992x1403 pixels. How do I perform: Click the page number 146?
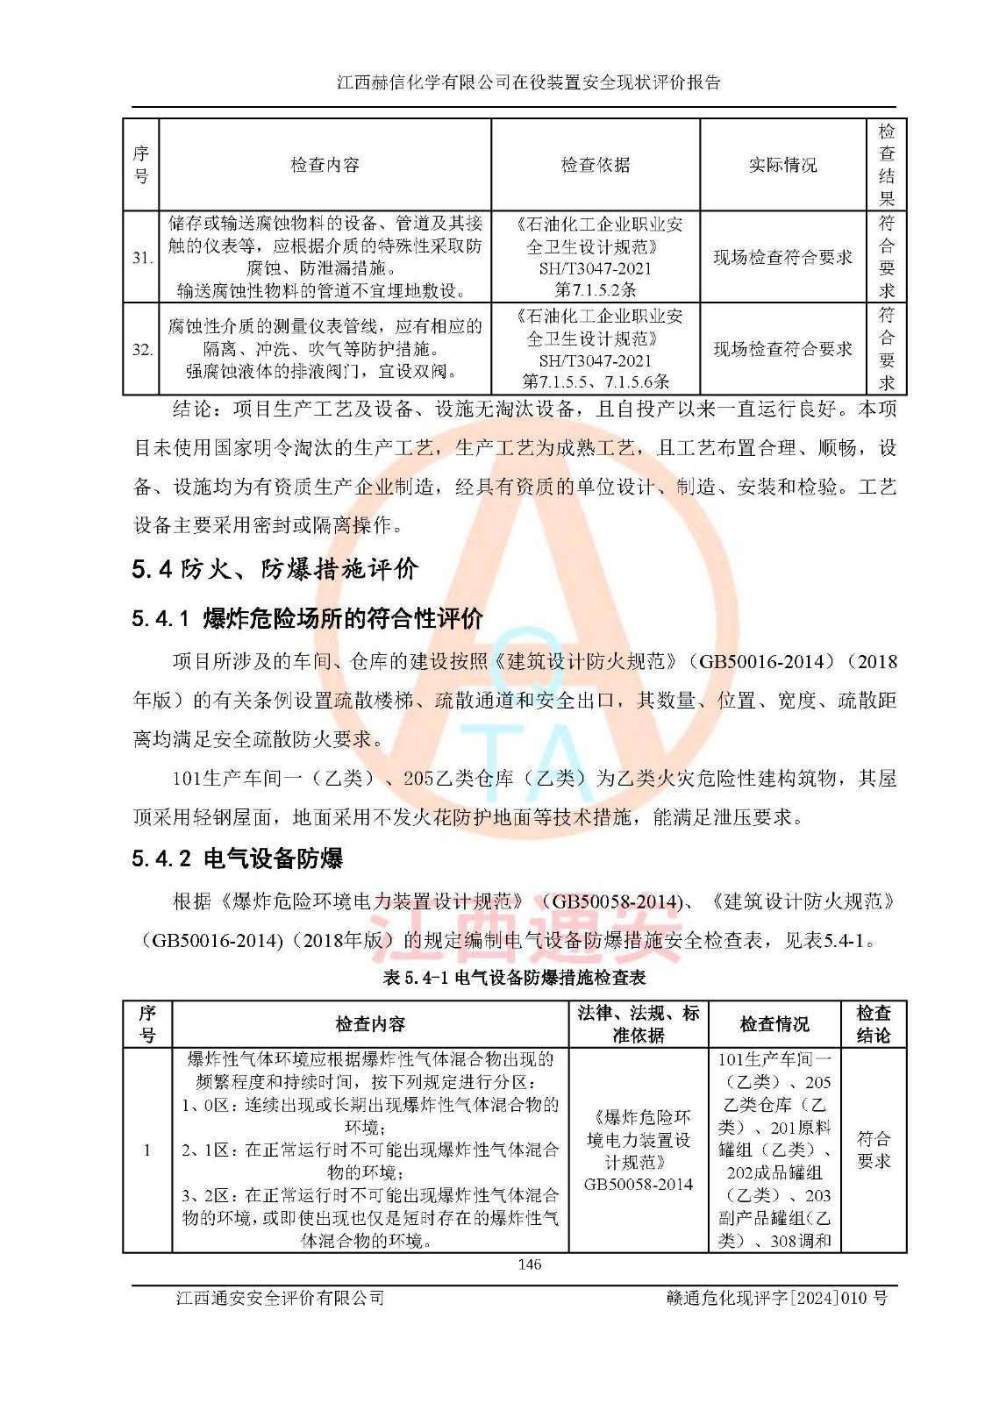(530, 1264)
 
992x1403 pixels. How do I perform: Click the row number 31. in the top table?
(142, 258)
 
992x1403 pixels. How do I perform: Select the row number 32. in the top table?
(142, 350)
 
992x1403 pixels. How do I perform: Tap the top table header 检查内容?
(325, 165)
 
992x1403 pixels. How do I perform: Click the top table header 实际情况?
(782, 165)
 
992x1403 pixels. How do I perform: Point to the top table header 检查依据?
(596, 165)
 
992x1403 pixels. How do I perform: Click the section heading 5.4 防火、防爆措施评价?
(275, 569)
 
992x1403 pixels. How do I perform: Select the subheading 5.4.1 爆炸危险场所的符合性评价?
(307, 619)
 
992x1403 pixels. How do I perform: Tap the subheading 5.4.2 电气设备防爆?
(237, 858)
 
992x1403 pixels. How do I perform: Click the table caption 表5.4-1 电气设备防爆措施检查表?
(514, 978)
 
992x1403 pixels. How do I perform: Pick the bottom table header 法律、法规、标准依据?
(638, 1024)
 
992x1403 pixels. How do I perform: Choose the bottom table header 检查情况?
(774, 1024)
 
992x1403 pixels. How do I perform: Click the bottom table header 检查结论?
(873, 1024)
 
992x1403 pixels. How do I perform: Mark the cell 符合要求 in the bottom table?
(873, 1150)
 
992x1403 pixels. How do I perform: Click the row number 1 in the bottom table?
(146, 1150)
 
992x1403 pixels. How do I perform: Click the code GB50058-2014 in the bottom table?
(638, 1185)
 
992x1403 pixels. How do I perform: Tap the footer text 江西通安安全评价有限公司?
(280, 1298)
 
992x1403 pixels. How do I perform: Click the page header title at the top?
(529, 82)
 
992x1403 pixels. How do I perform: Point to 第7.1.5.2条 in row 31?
(596, 289)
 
